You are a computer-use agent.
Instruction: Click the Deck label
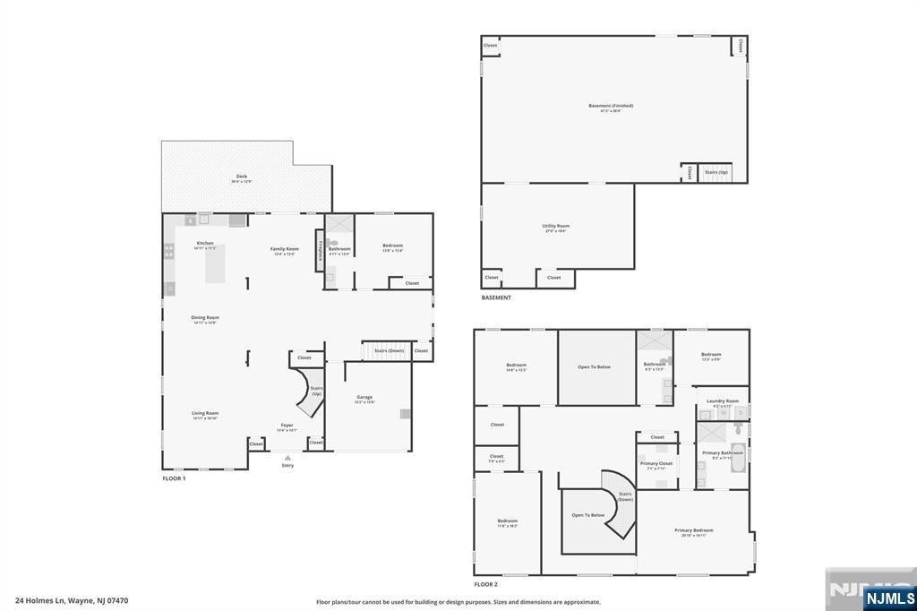(242, 176)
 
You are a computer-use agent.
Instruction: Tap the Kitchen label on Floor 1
(205, 244)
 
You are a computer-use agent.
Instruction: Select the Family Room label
(286, 249)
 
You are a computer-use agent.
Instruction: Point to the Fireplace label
(320, 249)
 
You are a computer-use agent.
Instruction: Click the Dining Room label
(205, 317)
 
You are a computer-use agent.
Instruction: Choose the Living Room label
(205, 414)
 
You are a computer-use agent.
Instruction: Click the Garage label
(364, 397)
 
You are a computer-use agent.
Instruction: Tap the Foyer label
(287, 426)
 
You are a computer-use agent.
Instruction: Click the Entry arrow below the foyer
(287, 457)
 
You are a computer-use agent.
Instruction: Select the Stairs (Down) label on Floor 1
(389, 350)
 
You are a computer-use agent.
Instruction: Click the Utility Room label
(555, 226)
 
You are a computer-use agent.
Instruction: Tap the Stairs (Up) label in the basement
(716, 172)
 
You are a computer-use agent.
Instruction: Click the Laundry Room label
(722, 401)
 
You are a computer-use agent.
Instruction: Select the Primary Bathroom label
(722, 453)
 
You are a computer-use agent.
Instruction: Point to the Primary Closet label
(655, 463)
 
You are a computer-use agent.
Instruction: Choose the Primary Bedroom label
(694, 530)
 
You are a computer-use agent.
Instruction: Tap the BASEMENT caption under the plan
(496, 297)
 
